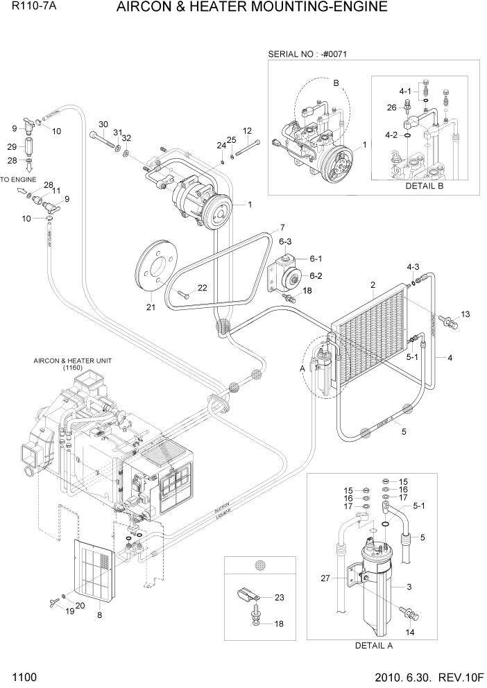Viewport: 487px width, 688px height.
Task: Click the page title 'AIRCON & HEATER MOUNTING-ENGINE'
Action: coord(252,8)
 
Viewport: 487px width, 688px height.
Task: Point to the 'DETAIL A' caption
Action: coord(373,645)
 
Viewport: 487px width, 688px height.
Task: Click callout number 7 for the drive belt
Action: coord(282,228)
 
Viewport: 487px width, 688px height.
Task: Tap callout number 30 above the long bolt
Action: coord(103,124)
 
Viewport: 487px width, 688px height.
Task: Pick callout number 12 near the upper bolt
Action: coord(247,131)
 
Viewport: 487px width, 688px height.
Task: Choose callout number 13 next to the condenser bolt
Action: coord(465,314)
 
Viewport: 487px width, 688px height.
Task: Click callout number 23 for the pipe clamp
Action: coord(280,597)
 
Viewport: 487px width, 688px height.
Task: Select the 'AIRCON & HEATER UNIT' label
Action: coord(72,361)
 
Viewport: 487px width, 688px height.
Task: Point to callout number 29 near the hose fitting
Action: coord(12,146)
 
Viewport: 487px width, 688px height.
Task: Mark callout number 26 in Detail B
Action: coord(391,107)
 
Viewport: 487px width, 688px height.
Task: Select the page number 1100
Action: coord(24,676)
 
